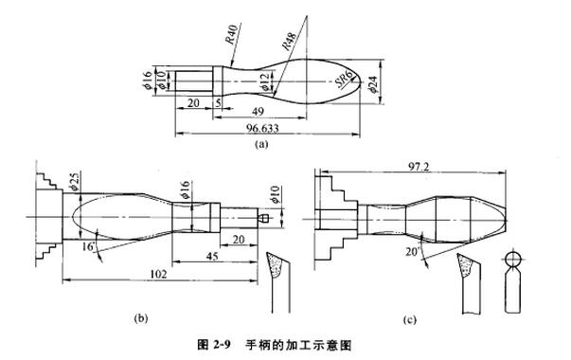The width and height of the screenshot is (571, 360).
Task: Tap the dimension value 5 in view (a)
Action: click(x=218, y=102)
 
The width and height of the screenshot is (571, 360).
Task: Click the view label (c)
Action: click(x=409, y=320)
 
